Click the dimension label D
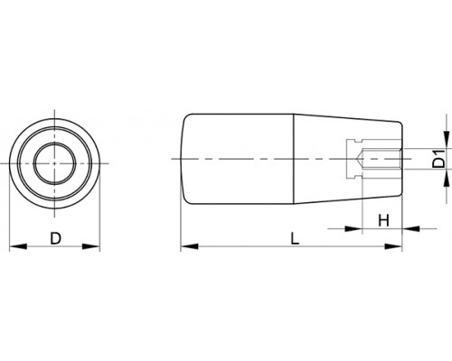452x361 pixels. coord(55,238)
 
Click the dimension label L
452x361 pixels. coord(295,238)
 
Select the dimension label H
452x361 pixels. coord(383,220)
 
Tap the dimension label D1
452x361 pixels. coord(439,159)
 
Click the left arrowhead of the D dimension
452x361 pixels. coord(18,246)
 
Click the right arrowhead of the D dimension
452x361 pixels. coord(91,246)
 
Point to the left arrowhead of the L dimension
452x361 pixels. coord(190,246)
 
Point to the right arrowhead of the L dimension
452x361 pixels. coord(393,246)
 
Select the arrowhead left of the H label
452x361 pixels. coord(353,229)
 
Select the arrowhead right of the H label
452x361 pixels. coord(411,229)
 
